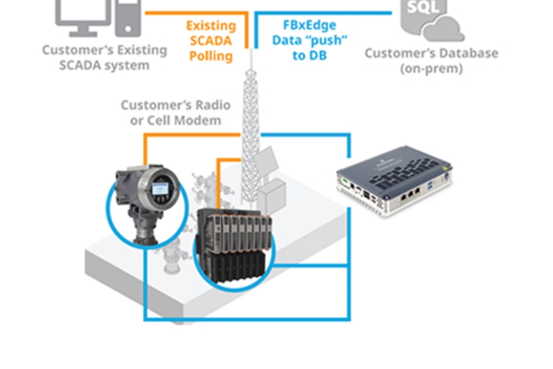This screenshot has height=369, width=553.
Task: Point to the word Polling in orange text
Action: coord(211,56)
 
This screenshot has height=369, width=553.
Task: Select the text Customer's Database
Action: coord(431,54)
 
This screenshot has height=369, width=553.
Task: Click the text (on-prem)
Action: coord(431,68)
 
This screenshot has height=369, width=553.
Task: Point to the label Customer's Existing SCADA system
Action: coord(104,57)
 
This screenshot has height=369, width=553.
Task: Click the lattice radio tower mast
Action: coord(251,115)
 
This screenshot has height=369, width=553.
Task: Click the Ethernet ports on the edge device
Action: coord(410,195)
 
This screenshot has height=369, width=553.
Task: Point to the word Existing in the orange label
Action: coord(211,26)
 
